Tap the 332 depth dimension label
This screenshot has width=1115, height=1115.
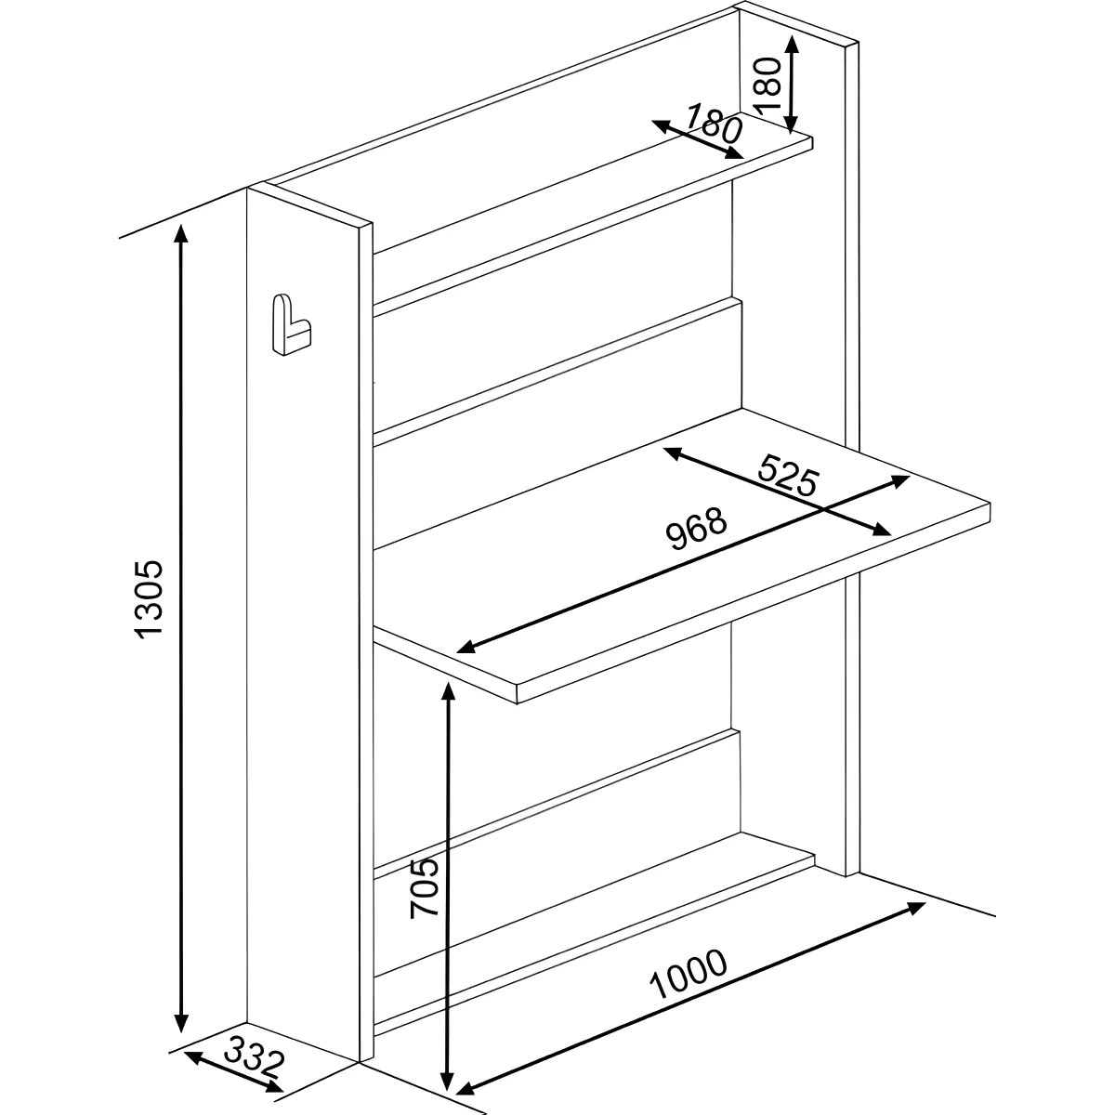pyautogui.click(x=255, y=1056)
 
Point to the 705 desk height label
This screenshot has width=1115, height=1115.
pyautogui.click(x=424, y=888)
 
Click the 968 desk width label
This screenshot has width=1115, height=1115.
pyautogui.click(x=696, y=529)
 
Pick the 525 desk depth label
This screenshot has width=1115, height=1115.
pyautogui.click(x=789, y=475)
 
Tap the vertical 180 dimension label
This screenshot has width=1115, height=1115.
pyautogui.click(x=767, y=84)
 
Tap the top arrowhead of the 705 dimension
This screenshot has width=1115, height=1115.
pyautogui.click(x=447, y=691)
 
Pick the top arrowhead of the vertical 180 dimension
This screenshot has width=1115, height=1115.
pyautogui.click(x=793, y=44)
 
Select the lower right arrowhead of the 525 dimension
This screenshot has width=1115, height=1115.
pyautogui.click(x=882, y=529)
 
